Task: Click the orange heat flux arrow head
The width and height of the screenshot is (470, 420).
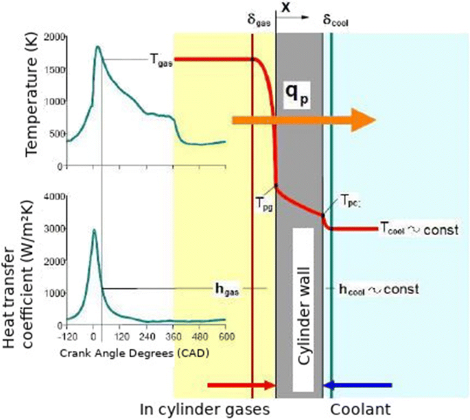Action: pos(363,120)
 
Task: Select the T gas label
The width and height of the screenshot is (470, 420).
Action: pos(160,60)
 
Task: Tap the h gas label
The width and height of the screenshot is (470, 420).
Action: pos(226,288)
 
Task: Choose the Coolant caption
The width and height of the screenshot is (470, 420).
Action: pos(360,409)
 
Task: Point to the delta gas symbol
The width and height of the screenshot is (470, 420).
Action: pos(259,20)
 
